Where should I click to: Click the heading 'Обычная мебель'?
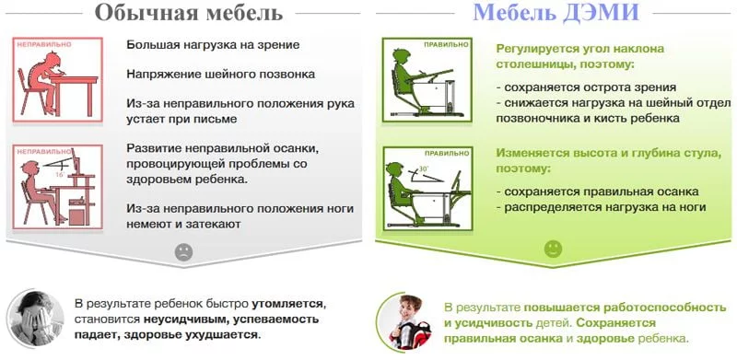point(187,13)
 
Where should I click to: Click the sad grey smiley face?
point(184,250)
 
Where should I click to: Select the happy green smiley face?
point(553,249)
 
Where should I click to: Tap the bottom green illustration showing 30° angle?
point(427,185)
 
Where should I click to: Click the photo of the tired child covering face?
point(34,318)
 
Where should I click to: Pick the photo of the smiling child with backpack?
point(406,321)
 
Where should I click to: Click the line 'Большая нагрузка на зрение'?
point(213,44)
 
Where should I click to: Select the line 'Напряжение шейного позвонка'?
point(221,74)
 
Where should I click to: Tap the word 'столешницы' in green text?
point(536,65)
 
